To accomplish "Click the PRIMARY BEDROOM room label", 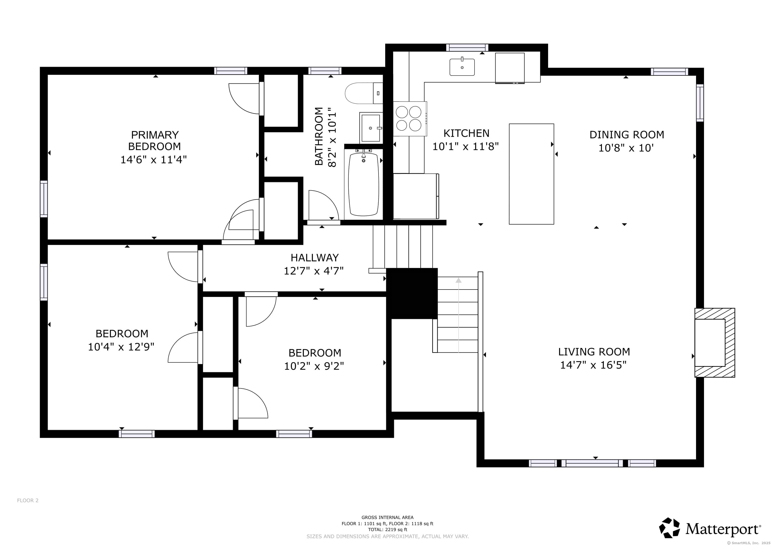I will click(154, 140).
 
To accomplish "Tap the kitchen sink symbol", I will click(462, 67).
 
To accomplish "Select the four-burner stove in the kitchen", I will click(409, 118).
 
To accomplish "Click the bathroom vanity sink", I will click(371, 128).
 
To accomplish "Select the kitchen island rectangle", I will click(531, 174).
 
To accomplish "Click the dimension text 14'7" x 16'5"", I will click(593, 365).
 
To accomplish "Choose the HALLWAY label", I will click(314, 258).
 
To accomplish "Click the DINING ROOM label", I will click(627, 134).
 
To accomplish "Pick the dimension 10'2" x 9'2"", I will click(314, 366).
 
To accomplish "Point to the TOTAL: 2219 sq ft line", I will click(387, 529).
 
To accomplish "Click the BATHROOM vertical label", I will click(318, 136).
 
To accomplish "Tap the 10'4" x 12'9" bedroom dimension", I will click(121, 347).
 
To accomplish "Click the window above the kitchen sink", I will click(467, 48).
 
